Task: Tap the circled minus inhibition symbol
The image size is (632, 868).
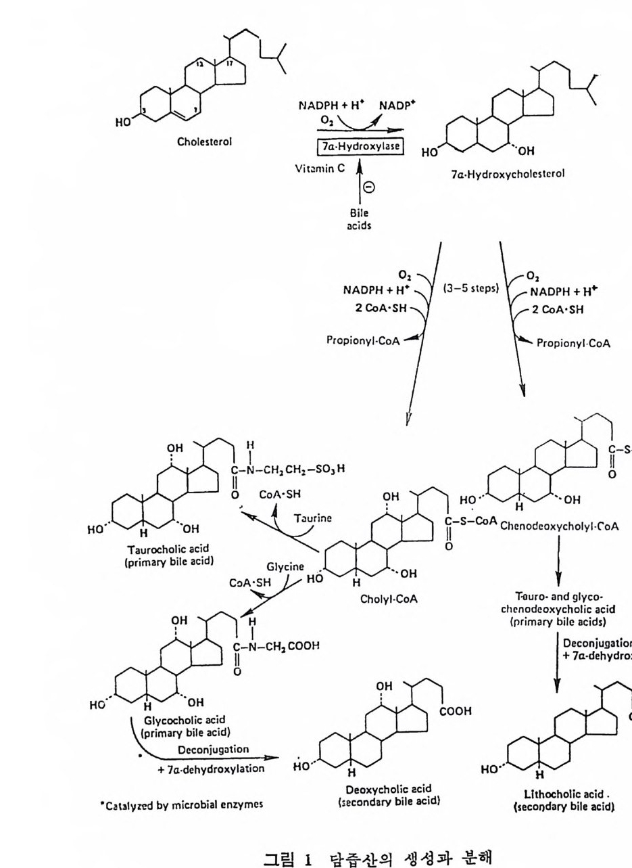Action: coord(368,188)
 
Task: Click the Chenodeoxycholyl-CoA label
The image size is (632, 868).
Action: coord(560,527)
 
